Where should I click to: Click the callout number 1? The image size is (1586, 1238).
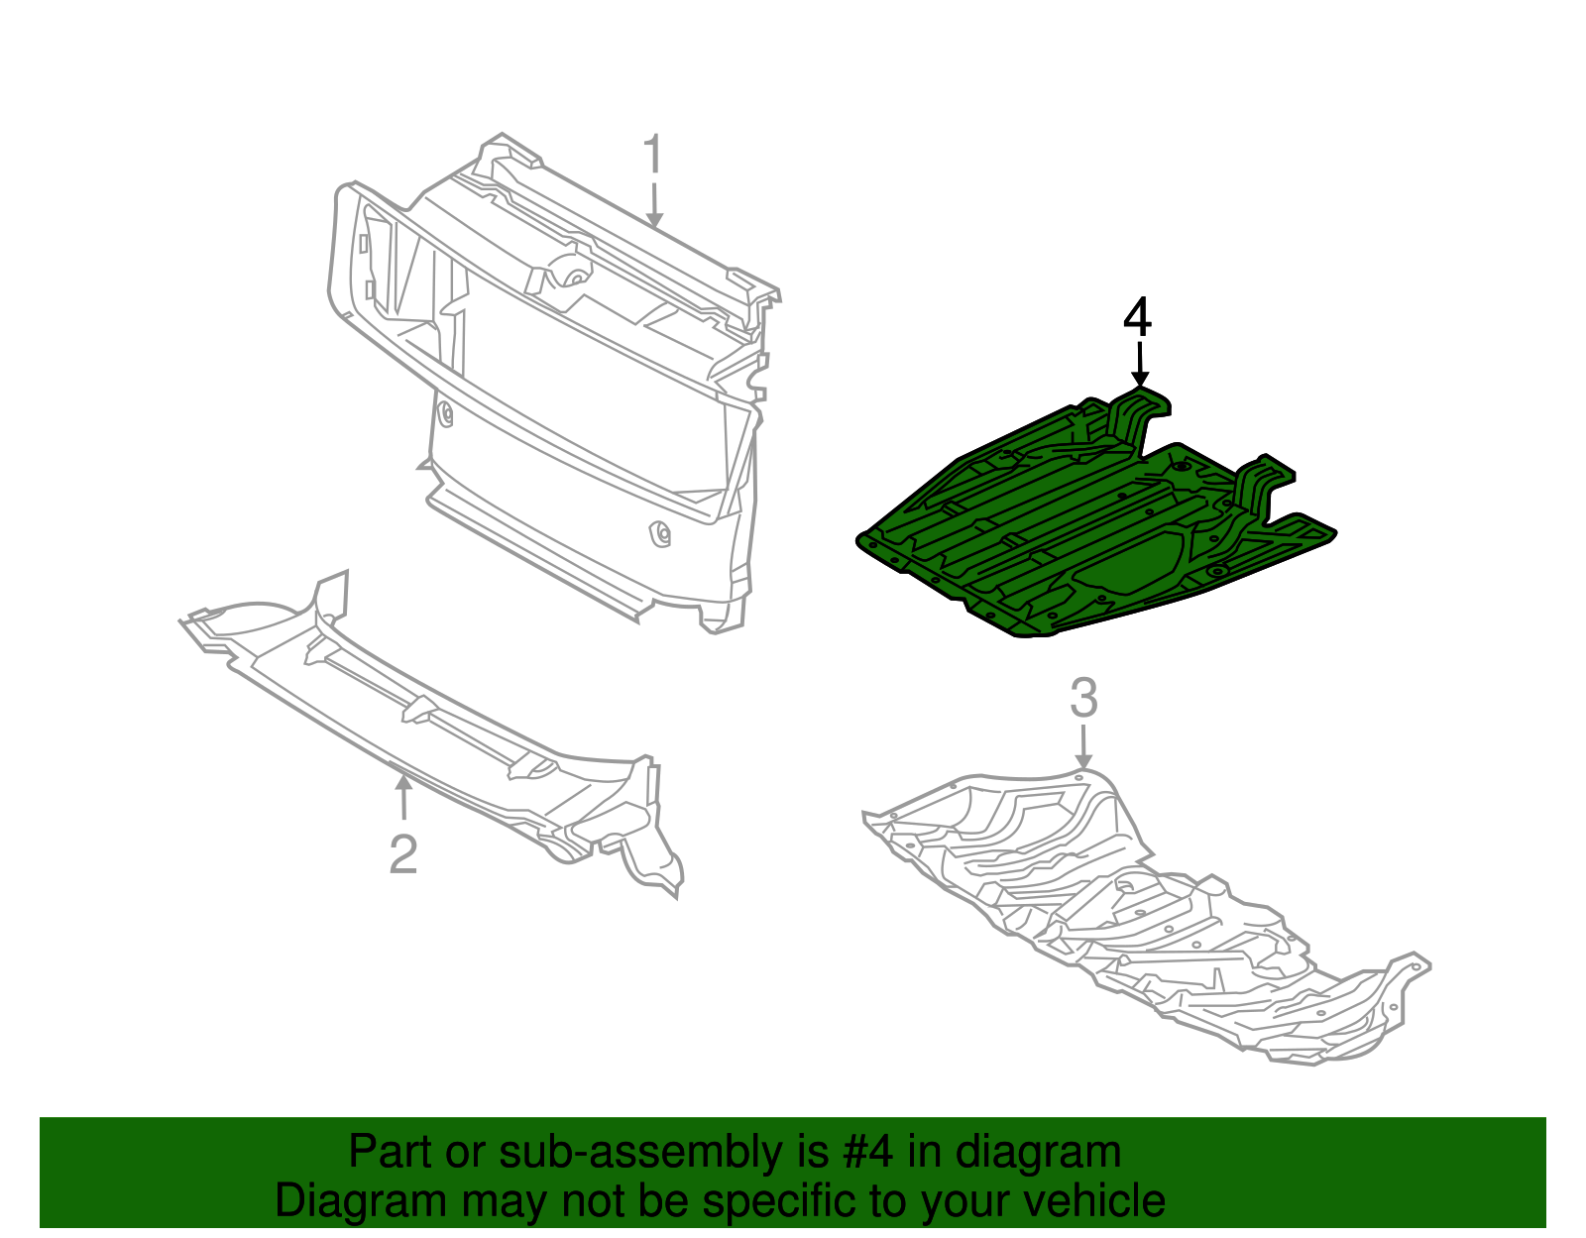[651, 158]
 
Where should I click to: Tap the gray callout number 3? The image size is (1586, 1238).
[1083, 698]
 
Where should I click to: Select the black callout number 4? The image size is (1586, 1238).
[1138, 318]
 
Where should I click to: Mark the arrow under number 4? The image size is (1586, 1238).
[1140, 365]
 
